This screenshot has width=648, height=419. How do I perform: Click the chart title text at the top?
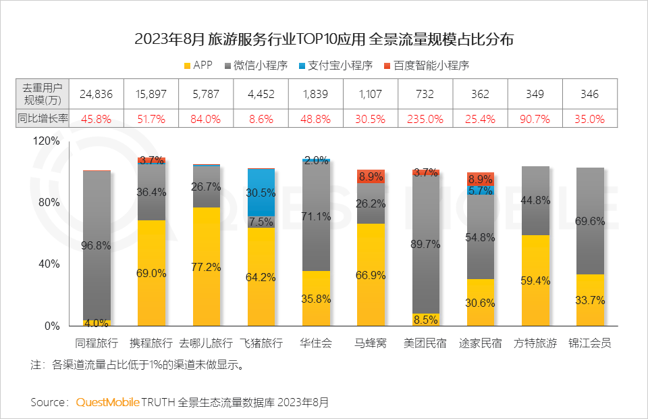click(324, 39)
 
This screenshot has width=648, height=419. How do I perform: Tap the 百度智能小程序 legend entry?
click(425, 66)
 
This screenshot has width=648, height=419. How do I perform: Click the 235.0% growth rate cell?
click(425, 119)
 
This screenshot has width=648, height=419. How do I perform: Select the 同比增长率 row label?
click(43, 119)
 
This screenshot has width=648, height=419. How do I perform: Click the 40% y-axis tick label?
click(51, 264)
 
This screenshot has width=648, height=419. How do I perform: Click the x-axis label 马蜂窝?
click(371, 343)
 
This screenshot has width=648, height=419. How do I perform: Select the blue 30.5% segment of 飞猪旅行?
click(261, 192)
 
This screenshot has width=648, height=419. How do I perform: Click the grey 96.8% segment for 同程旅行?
click(97, 245)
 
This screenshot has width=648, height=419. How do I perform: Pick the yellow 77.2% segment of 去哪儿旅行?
click(207, 267)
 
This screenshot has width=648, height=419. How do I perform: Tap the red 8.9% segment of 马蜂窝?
click(371, 176)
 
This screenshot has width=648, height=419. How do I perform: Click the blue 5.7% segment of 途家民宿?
click(481, 191)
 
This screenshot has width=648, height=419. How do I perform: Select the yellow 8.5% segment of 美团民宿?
click(425, 320)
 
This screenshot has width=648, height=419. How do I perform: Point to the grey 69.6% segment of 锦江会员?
click(590, 221)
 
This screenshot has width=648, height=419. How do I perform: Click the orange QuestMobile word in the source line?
click(107, 402)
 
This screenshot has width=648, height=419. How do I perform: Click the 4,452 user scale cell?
click(261, 94)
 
